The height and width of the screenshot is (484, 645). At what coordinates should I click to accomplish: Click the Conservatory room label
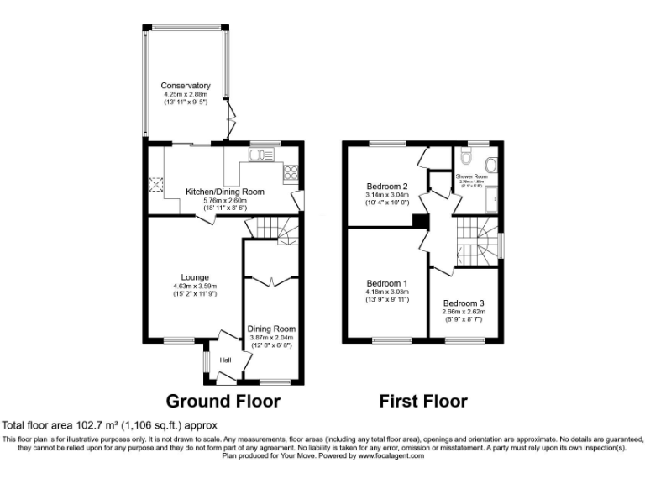click(186, 86)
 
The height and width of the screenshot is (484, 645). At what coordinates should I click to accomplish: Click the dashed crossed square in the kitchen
click(155, 186)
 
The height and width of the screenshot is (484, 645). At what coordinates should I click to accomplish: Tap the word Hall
click(225, 360)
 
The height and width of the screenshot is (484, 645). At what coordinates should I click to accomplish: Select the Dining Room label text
click(271, 329)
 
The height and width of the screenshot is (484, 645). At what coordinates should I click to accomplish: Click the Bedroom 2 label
click(387, 186)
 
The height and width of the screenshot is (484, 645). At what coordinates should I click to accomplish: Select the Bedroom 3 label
click(464, 302)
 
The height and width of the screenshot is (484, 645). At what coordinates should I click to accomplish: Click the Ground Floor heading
click(223, 401)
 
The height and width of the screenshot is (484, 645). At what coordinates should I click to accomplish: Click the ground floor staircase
click(272, 226)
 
